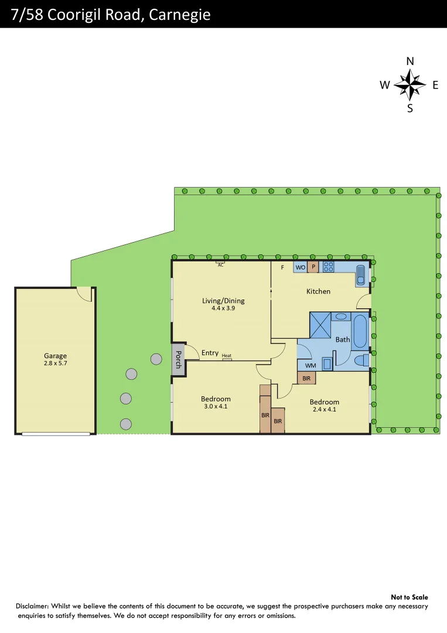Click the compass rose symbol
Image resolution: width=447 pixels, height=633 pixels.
point(410,85)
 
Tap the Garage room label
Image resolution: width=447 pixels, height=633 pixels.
point(56,356)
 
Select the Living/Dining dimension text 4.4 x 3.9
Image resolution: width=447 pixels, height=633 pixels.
point(223,308)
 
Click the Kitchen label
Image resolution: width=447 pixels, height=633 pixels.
point(318,291)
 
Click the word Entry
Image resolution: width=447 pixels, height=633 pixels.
point(210,353)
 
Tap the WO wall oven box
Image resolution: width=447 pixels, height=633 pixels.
point(300,267)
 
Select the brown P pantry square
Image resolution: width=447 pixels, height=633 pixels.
point(313,267)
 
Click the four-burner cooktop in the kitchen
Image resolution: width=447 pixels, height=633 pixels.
point(328,267)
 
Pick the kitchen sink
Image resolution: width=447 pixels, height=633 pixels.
point(361,274)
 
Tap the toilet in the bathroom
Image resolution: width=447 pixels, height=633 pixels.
point(361,360)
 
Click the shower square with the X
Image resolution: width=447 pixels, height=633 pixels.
point(320,325)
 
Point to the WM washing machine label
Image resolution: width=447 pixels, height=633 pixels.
point(310,366)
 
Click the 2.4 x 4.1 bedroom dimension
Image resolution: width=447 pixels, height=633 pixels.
point(324,409)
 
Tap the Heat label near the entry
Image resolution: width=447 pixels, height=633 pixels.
point(227,356)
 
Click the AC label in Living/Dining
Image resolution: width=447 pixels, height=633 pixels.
point(221,265)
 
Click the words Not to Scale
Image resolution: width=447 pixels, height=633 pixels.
point(410,597)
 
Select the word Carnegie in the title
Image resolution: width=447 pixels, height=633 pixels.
point(179,15)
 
